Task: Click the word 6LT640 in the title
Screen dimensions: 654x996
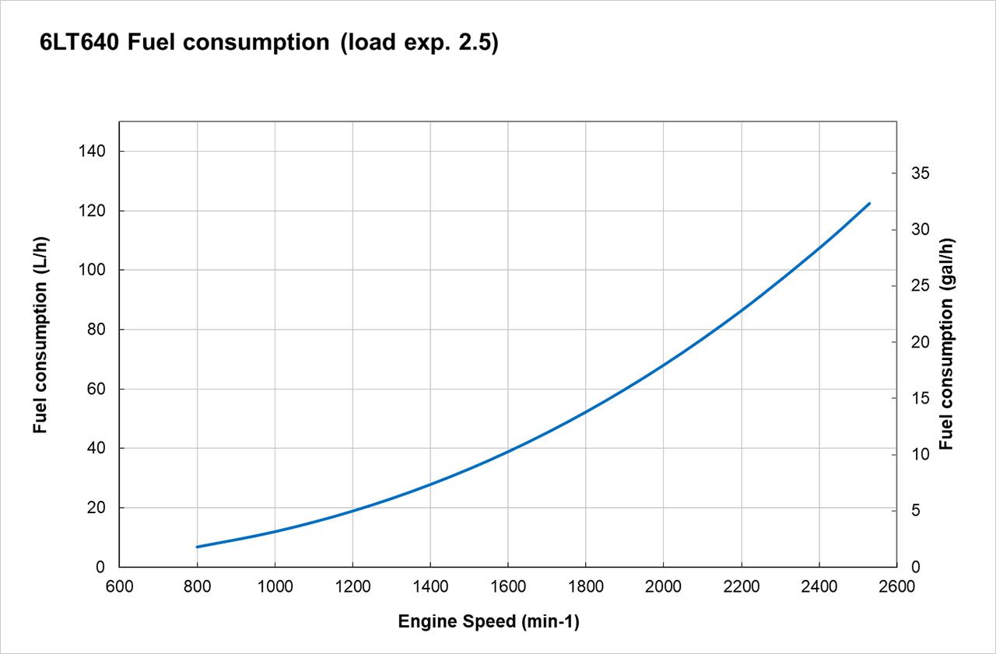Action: tap(79, 43)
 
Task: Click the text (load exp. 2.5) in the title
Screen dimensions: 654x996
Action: tap(418, 43)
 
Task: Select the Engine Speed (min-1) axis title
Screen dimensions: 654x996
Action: tap(488, 622)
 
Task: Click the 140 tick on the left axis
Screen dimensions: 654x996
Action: tap(92, 152)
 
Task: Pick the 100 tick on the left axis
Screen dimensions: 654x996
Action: tap(92, 271)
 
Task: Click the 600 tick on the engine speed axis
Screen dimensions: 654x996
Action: tap(119, 586)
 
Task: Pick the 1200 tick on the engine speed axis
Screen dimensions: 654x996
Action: tap(352, 586)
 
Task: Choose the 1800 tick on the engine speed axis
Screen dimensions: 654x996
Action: tap(585, 586)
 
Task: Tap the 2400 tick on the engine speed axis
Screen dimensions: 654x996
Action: tap(819, 586)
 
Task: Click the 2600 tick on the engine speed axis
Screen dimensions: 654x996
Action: tap(896, 586)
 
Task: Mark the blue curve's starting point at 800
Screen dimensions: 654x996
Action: tap(198, 547)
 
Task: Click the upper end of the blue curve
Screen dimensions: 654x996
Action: tap(869, 204)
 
